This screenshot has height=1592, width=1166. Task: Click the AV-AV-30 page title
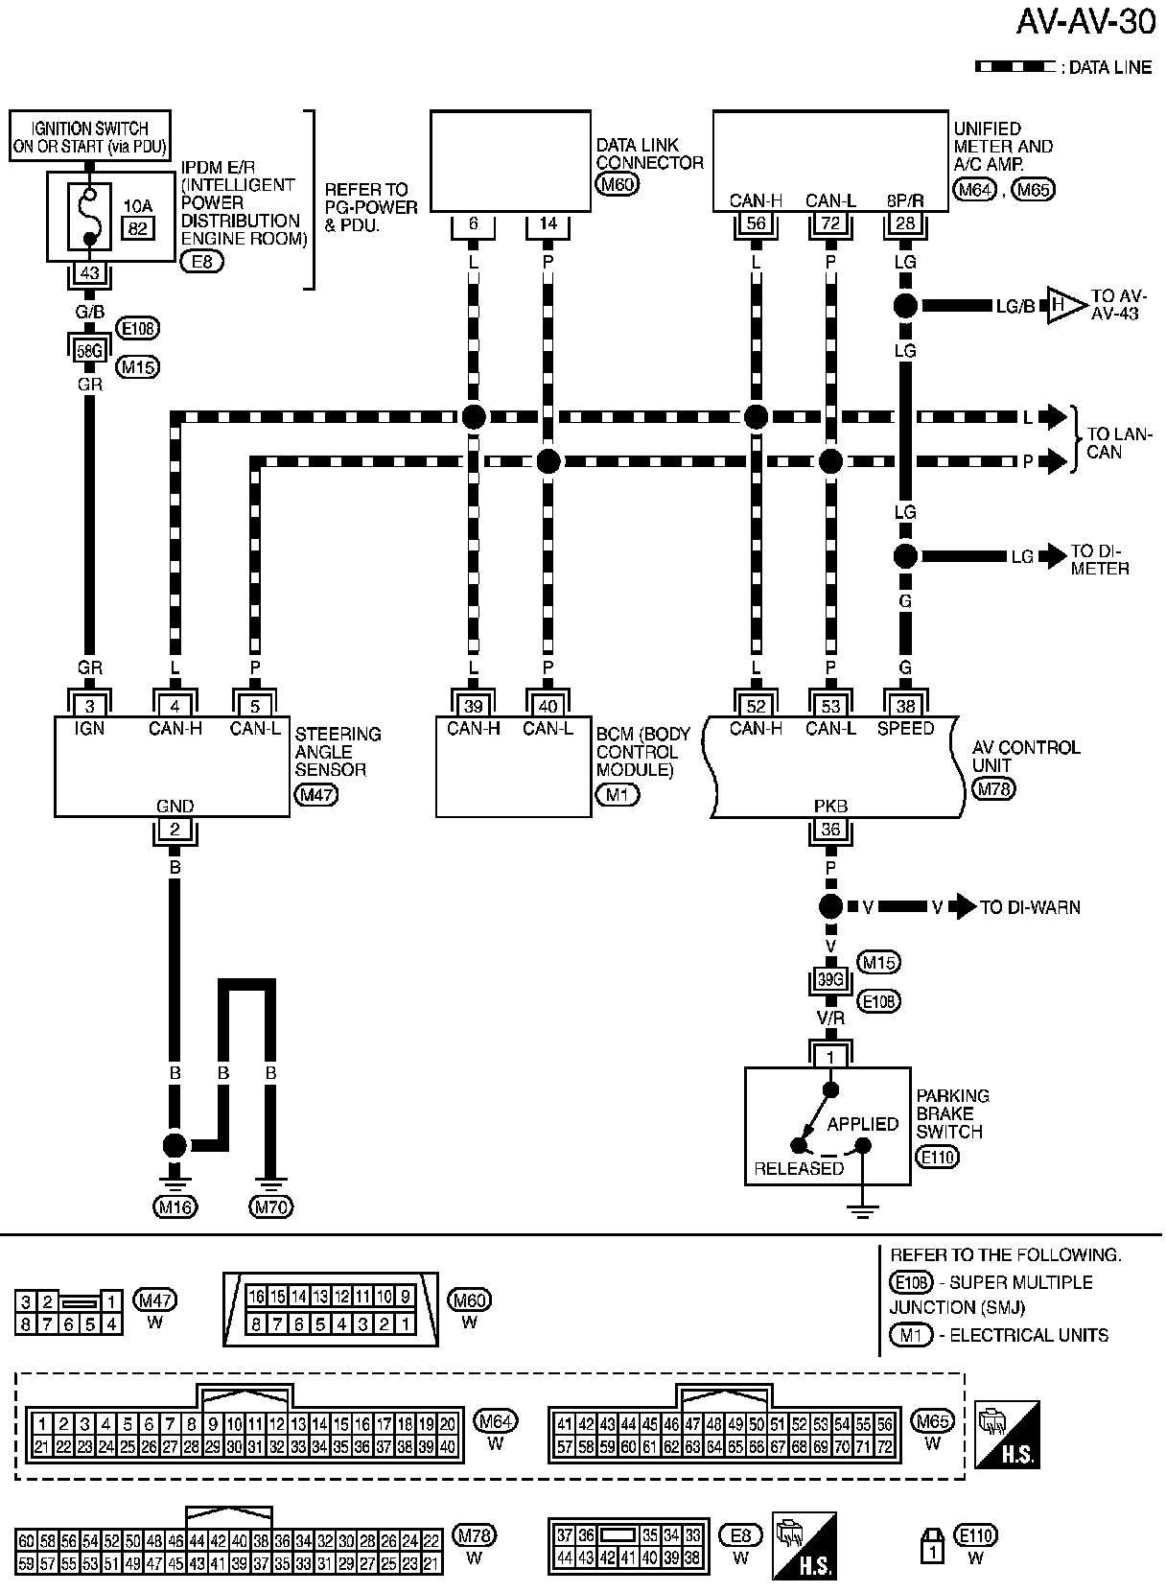click(1085, 21)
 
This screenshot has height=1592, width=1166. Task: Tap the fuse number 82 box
click(138, 226)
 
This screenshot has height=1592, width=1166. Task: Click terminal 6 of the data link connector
click(473, 224)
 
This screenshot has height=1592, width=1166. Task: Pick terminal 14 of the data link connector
click(548, 224)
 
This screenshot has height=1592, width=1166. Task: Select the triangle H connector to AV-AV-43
click(1064, 305)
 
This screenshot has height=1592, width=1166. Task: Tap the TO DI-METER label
click(1100, 560)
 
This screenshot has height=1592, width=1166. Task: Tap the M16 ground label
click(175, 1207)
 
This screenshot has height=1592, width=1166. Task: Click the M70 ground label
click(270, 1207)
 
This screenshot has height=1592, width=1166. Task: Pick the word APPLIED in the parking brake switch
click(863, 1124)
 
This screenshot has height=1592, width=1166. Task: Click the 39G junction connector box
click(829, 981)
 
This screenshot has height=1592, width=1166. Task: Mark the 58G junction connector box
click(89, 351)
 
